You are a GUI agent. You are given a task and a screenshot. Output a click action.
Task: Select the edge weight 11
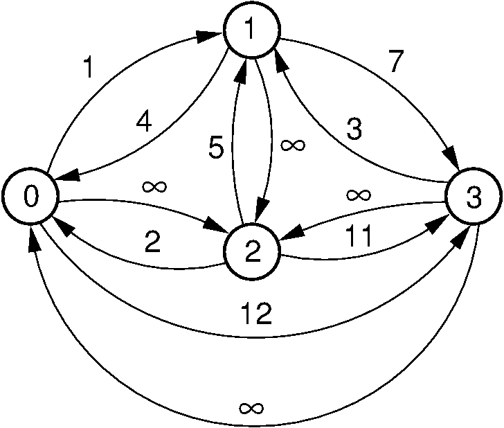tap(359, 236)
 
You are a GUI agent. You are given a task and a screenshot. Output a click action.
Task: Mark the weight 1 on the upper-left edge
tap(88, 69)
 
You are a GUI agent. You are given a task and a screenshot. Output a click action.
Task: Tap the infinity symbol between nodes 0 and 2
tap(153, 186)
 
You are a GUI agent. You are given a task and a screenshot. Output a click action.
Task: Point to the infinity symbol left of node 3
tap(357, 195)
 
